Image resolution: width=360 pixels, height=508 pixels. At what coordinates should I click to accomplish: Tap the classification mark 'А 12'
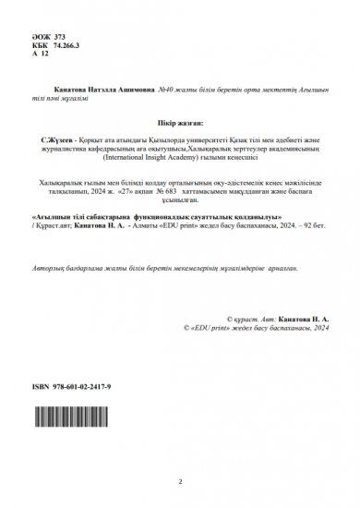[40, 54]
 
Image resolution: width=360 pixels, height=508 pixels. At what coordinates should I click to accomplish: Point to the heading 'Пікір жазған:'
[179, 121]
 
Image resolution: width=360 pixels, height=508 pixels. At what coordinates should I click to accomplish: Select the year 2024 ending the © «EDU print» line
[320, 327]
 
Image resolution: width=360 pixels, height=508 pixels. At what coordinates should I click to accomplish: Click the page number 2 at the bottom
[180, 481]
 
